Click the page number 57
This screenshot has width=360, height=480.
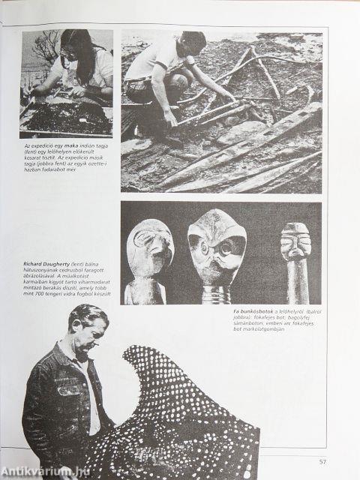click(322, 461)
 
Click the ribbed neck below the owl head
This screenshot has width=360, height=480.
click(217, 294)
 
